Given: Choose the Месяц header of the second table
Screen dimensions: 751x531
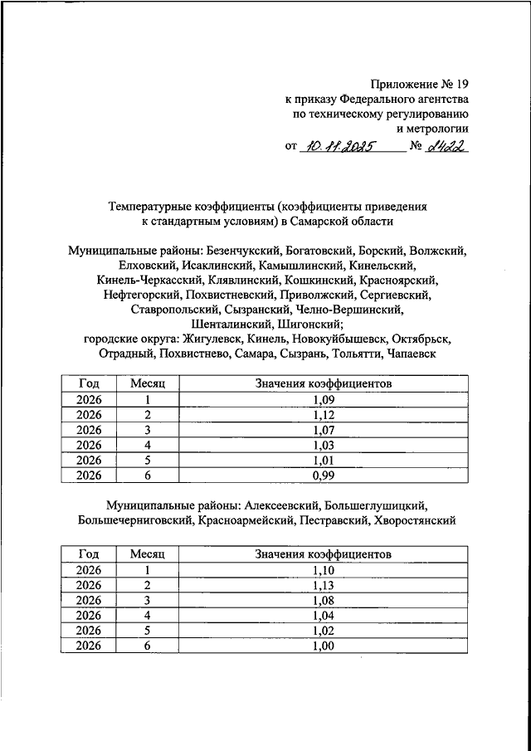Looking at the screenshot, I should (149, 553).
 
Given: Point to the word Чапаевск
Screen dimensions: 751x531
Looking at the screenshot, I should (417, 354).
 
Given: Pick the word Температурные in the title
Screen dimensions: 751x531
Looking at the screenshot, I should (149, 207).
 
